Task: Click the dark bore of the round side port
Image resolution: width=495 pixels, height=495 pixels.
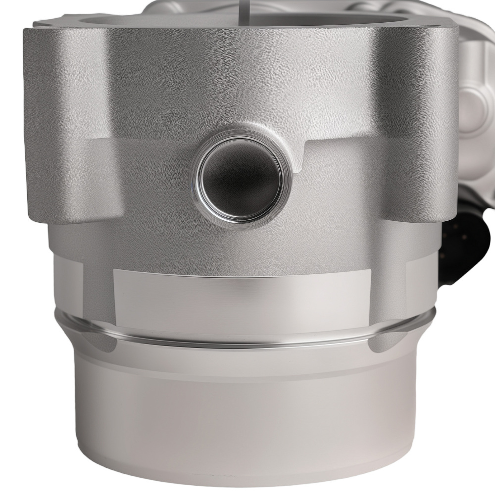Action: coord(241,176)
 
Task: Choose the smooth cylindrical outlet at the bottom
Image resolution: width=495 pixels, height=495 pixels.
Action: coord(247,416)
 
